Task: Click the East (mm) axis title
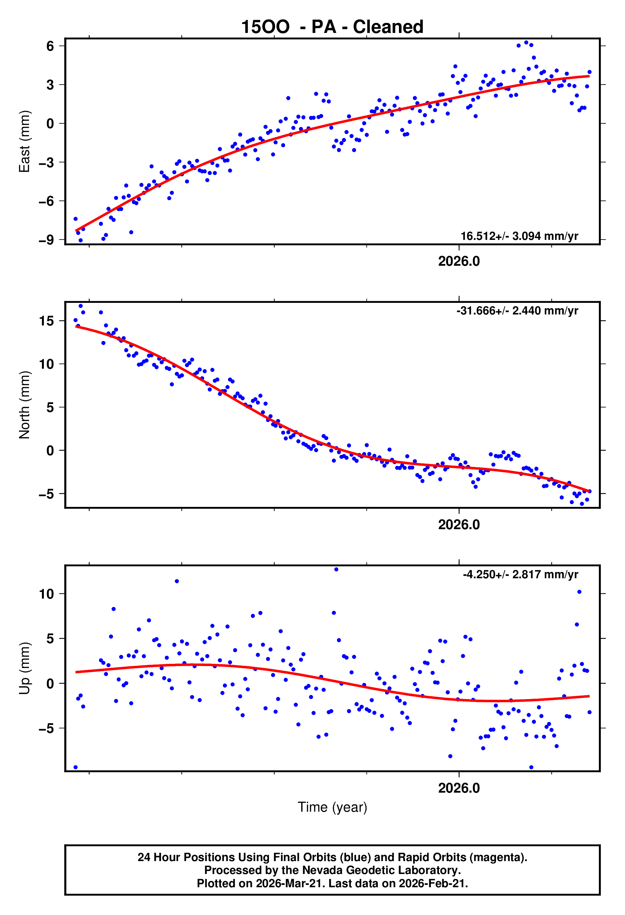(25, 141)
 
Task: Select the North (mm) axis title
(25, 405)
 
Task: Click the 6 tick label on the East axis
(50, 46)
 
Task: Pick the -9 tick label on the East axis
(46, 240)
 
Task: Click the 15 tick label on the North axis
(46, 321)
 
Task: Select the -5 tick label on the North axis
(46, 494)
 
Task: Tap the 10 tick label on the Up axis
(46, 594)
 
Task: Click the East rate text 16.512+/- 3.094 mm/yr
(519, 236)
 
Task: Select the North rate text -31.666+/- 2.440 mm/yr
(517, 311)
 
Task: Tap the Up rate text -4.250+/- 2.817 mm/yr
(521, 574)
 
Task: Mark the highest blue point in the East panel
(526, 43)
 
